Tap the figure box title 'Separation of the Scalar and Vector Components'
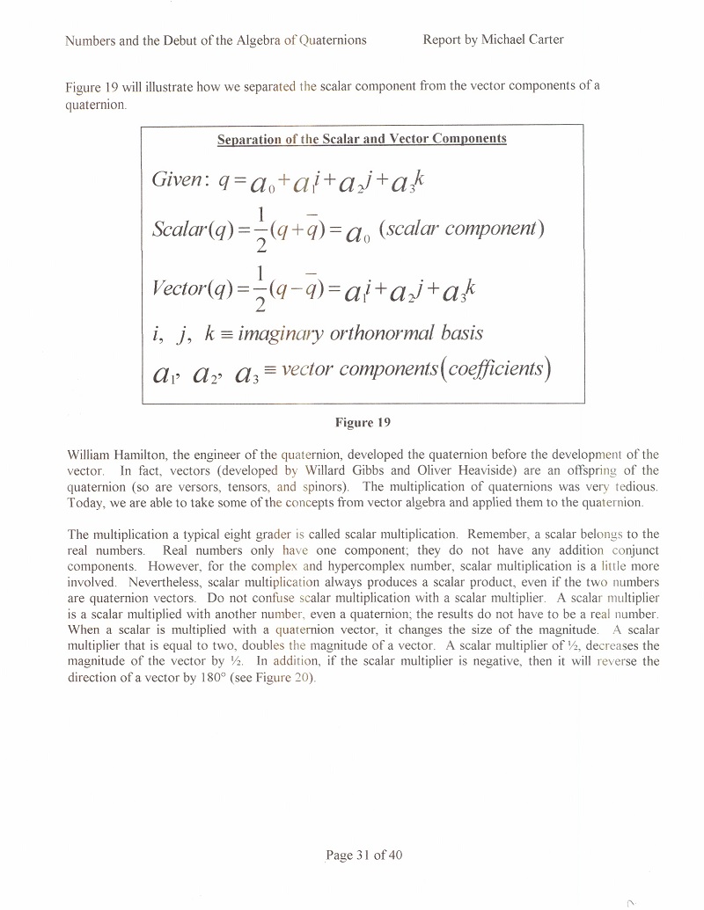pos(362,139)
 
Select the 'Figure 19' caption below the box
pos(363,422)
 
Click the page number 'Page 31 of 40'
pos(363,855)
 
